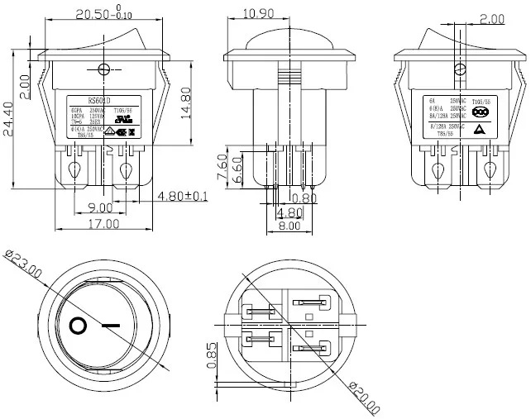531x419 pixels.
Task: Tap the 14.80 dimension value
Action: pyautogui.click(x=188, y=103)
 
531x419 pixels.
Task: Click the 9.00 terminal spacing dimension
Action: pyautogui.click(x=101, y=207)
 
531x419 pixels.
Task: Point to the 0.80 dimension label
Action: pyautogui.click(x=304, y=198)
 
